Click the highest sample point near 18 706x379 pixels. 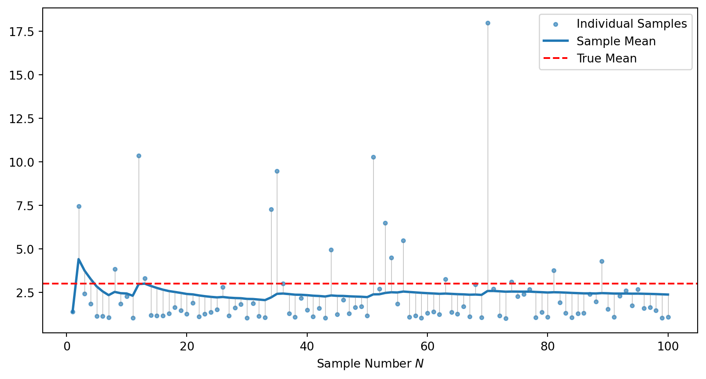[x=488, y=23]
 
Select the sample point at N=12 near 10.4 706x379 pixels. [x=139, y=156]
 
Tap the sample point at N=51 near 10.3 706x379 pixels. [x=373, y=157]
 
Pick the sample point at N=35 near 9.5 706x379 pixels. [x=277, y=171]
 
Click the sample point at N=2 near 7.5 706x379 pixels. [x=79, y=206]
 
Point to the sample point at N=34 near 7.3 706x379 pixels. [x=271, y=209]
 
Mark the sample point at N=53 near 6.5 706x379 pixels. [x=385, y=223]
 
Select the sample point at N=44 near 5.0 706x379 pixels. [x=331, y=250]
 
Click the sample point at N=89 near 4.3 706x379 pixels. [x=602, y=261]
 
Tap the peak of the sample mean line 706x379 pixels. [x=79, y=259]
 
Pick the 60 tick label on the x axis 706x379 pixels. [x=427, y=346]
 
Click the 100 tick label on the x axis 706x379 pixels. [x=668, y=346]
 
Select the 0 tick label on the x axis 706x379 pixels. [x=67, y=346]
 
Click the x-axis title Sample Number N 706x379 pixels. [x=370, y=364]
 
